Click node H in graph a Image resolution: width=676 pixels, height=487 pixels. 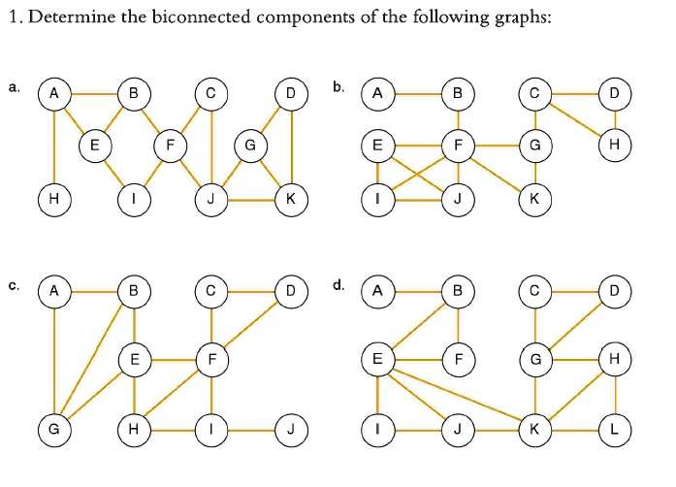coord(54,199)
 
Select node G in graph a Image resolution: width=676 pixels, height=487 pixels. coord(250,146)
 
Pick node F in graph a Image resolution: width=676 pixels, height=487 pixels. coord(171,146)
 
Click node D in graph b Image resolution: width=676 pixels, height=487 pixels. coord(613,94)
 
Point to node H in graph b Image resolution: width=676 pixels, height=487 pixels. coord(613,146)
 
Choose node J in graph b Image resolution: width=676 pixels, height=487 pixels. coord(456,199)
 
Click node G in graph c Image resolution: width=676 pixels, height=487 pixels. coord(54,427)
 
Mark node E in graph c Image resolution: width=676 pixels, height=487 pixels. coord(134,359)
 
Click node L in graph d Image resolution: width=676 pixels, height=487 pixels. coord(613,427)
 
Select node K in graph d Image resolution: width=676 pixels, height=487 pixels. coord(534,427)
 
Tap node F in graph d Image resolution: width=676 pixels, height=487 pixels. coord(456,359)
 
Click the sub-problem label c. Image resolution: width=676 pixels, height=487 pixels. coord(13,285)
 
